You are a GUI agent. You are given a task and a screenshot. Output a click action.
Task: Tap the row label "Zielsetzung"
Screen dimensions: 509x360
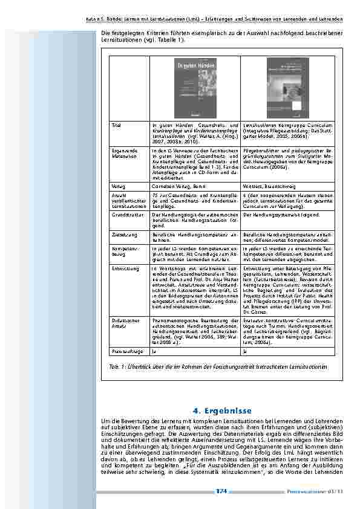[x=122, y=232]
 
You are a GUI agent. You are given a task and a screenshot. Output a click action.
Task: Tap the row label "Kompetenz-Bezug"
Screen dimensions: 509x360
[x=123, y=250]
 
